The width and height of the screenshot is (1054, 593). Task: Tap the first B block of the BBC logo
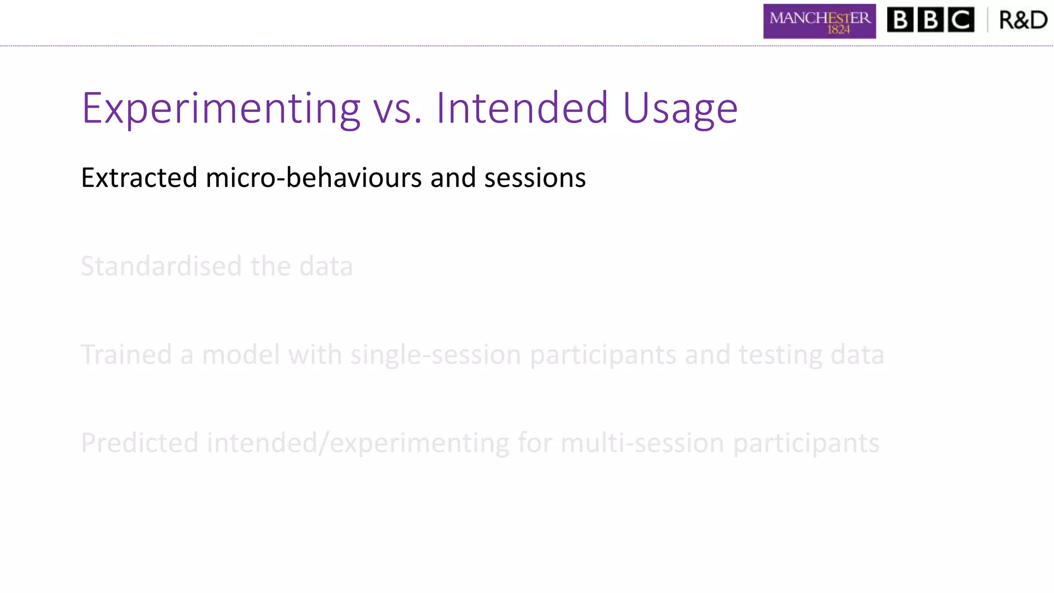click(900, 20)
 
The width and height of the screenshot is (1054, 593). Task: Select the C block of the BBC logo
click(960, 20)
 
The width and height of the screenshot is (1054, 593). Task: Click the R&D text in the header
click(1023, 20)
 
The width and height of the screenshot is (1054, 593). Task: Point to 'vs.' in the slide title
click(397, 109)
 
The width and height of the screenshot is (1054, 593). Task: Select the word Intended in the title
click(522, 108)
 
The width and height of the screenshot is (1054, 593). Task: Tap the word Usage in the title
click(680, 109)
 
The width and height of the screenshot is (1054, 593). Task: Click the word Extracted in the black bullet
click(139, 178)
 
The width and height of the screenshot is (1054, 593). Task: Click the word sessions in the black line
click(535, 178)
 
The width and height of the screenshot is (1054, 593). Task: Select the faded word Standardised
click(161, 266)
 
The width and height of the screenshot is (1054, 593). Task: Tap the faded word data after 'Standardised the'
click(326, 266)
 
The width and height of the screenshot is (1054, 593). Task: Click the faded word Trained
click(126, 355)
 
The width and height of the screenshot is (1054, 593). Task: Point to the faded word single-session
click(435, 355)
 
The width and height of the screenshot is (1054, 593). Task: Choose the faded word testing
click(780, 355)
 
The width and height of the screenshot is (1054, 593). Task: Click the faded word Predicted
click(139, 443)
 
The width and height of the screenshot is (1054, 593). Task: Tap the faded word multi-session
click(642, 443)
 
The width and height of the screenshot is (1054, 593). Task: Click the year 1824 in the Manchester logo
click(838, 30)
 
